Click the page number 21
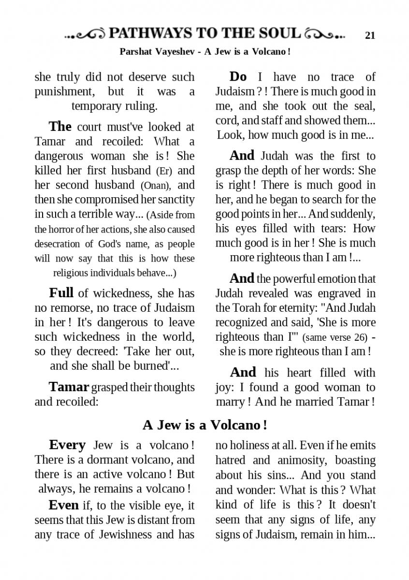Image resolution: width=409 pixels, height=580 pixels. click(x=370, y=35)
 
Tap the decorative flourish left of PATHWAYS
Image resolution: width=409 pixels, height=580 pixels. click(x=86, y=34)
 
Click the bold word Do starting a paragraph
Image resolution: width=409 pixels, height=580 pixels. click(x=238, y=77)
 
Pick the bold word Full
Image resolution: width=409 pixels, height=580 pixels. click(x=61, y=293)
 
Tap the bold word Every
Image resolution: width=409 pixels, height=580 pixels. click(x=67, y=445)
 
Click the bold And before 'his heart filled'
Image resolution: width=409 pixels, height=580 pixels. click(x=243, y=372)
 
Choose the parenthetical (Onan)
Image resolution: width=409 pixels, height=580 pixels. click(x=156, y=185)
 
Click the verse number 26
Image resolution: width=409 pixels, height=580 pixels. click(x=357, y=337)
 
